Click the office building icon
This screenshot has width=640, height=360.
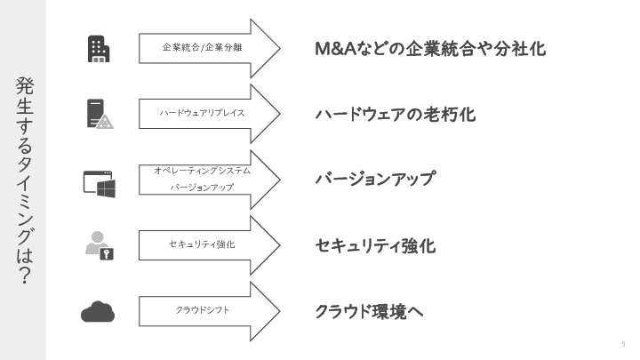tap(99, 48)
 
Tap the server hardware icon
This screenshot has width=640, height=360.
tap(99, 113)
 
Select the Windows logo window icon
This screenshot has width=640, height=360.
tap(99, 182)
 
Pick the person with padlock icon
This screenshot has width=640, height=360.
tap(99, 244)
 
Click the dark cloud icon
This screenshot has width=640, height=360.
tap(99, 310)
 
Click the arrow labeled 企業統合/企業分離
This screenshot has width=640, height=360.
tap(209, 48)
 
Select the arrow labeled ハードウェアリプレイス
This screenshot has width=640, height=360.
tap(209, 114)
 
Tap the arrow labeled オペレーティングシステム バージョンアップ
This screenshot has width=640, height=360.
tap(209, 180)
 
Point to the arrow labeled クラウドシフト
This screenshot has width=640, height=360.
tap(209, 310)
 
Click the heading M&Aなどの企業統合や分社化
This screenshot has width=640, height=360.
tap(430, 49)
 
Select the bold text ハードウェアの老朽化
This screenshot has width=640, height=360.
tap(396, 115)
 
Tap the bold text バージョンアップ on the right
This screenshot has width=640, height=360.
tap(375, 180)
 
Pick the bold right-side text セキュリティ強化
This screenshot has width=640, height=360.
tap(375, 245)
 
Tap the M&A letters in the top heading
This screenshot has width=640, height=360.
tap(336, 49)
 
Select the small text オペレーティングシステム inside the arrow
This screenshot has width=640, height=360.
tap(203, 170)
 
